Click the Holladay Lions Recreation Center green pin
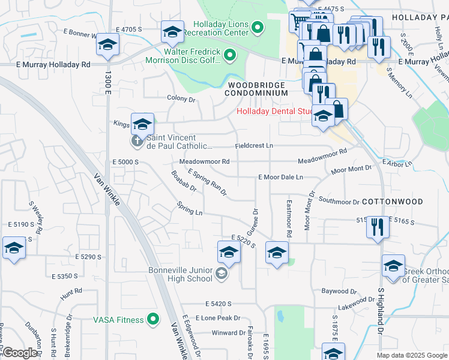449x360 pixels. coord(258,27)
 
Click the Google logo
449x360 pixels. coord(20,353)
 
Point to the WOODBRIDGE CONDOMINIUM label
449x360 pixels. coord(256,89)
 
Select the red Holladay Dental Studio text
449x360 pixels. coord(275,111)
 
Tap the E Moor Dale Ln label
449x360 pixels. coord(280,178)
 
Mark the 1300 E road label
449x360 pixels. coord(108,82)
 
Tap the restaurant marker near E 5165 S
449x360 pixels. coord(378,227)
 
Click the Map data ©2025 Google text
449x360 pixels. coord(411,355)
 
